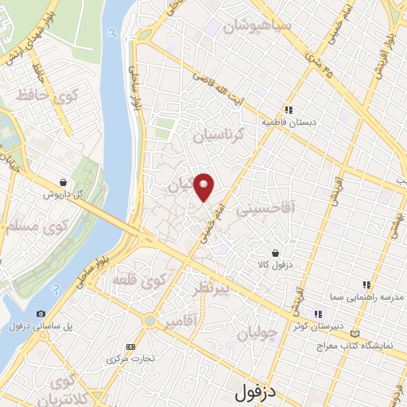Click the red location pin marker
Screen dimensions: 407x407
click(204, 187)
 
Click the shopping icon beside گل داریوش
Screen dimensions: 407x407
click(63, 182)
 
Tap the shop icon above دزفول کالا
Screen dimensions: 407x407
click(275, 252)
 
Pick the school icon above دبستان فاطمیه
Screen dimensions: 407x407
click(289, 111)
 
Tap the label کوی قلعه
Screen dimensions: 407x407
click(150, 281)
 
